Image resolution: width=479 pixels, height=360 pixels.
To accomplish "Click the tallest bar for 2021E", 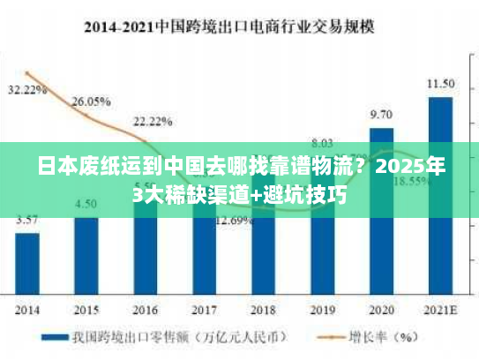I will point(440,194).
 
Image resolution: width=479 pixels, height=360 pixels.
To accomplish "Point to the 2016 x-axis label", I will point(145,310).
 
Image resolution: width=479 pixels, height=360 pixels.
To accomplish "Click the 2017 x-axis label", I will point(204,310).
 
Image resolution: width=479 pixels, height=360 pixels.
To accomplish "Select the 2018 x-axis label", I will point(263,310).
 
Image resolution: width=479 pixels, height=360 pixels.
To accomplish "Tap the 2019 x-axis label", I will point(322,310).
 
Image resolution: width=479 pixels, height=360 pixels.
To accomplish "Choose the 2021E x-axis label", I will point(440,310).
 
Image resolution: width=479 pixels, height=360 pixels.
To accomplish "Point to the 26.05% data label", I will point(91,101).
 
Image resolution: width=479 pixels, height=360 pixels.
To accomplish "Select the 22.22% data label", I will point(153,121).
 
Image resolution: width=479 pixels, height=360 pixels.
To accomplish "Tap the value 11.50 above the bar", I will point(440,84).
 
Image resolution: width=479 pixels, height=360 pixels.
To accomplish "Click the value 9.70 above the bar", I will point(381,115).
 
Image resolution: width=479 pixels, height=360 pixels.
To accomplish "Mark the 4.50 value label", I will point(86,204).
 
